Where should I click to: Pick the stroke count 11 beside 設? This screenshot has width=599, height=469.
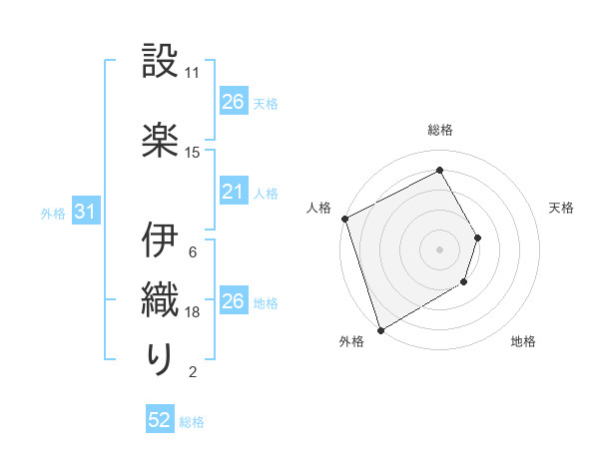tap(193, 73)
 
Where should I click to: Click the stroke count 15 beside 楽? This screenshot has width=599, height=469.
tap(193, 153)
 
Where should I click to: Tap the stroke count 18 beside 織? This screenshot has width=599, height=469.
tap(193, 312)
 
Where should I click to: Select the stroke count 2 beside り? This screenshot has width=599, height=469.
tap(193, 372)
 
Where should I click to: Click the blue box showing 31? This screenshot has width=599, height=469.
tap(85, 212)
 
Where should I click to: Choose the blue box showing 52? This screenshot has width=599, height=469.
tap(160, 421)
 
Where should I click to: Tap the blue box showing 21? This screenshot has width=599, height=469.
tap(233, 192)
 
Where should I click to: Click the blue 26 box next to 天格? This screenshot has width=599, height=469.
tap(233, 102)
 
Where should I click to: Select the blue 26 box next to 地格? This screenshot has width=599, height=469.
tap(233, 301)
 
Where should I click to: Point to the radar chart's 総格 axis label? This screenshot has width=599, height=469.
tap(440, 130)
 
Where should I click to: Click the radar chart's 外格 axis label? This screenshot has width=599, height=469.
tap(351, 342)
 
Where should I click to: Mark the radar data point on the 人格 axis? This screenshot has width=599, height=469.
tap(344, 219)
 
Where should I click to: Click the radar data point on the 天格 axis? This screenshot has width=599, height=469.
tap(478, 237)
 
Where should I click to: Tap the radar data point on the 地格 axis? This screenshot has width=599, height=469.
tap(464, 282)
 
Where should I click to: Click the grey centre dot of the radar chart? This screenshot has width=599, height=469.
tap(440, 249)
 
